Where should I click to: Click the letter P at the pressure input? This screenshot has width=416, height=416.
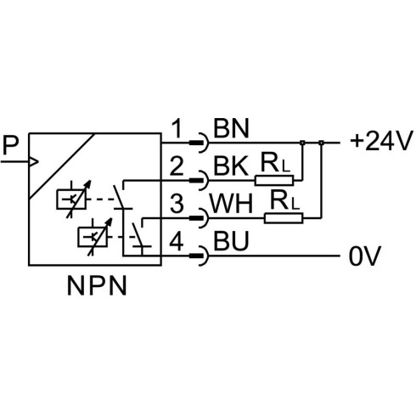pyautogui.click(x=10, y=145)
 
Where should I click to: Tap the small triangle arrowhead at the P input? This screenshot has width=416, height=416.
pyautogui.click(x=33, y=161)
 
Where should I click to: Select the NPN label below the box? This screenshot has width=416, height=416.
pyautogui.click(x=97, y=286)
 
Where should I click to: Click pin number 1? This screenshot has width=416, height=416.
pyautogui.click(x=177, y=128)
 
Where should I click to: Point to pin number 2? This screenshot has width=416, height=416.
pyautogui.click(x=177, y=166)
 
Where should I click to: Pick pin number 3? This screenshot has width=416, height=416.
pyautogui.click(x=177, y=203)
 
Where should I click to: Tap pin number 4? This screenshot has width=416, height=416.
pyautogui.click(x=177, y=241)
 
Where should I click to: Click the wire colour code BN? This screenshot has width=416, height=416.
pyautogui.click(x=231, y=128)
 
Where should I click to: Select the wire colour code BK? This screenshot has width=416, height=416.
pyautogui.click(x=231, y=166)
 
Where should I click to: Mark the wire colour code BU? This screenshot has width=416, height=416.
pyautogui.click(x=231, y=241)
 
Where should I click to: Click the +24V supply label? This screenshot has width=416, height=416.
pyautogui.click(x=379, y=141)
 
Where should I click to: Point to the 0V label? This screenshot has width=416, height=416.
pyautogui.click(x=365, y=256)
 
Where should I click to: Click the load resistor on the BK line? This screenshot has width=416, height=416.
pyautogui.click(x=274, y=180)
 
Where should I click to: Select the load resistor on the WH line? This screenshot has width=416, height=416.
pyautogui.click(x=284, y=218)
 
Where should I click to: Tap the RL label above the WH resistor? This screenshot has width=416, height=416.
pyautogui.click(x=284, y=200)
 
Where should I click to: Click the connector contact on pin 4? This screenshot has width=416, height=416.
pyautogui.click(x=199, y=256)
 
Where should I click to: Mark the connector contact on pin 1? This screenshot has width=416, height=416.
pyautogui.click(x=199, y=143)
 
